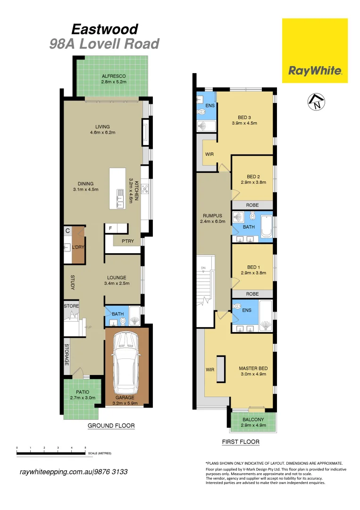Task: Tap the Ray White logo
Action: [x=315, y=71]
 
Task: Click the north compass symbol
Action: [x=316, y=102]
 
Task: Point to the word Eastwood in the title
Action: [x=104, y=29]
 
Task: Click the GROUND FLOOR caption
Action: [x=111, y=426]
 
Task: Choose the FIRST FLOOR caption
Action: [x=241, y=442]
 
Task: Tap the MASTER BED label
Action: [x=253, y=368]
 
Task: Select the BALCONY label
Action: [x=253, y=420]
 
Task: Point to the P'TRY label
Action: [x=127, y=241]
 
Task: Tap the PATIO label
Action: [x=83, y=392]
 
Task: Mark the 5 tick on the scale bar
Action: [x=85, y=447]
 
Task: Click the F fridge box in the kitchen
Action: [x=110, y=229]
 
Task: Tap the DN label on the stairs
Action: [x=203, y=268]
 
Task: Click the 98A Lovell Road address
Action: [x=104, y=44]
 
